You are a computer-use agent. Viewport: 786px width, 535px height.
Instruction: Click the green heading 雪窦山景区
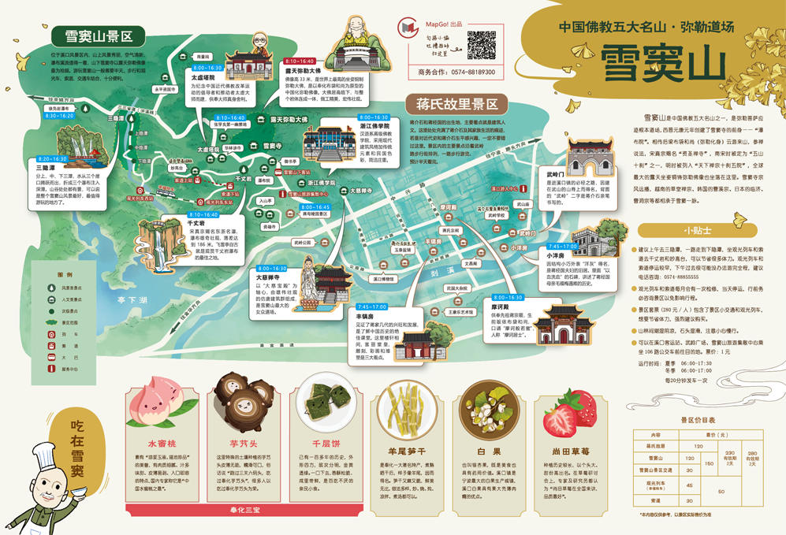[x=98, y=36]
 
